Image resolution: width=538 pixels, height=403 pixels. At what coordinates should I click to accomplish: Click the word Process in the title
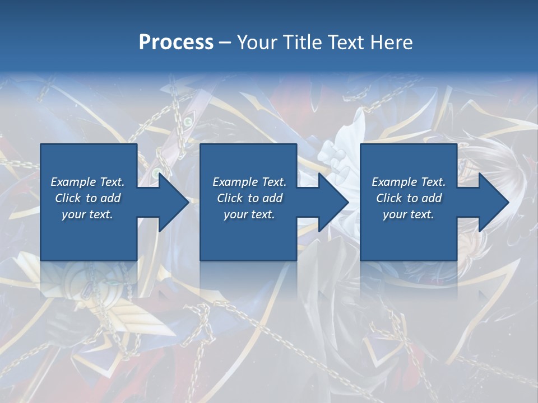coord(176,43)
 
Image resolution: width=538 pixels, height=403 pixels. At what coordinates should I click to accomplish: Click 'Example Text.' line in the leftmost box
coord(87,182)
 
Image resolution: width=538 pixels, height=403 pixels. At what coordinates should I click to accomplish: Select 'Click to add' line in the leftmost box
coord(87,198)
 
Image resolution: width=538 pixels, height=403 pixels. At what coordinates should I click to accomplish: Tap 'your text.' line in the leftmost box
coord(87,214)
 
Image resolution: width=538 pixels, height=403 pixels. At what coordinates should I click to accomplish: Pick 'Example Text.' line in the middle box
coord(249,182)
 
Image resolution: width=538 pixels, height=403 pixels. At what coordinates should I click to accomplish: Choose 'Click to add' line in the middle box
coord(249,198)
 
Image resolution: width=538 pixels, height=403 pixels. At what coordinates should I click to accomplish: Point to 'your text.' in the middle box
coord(249,214)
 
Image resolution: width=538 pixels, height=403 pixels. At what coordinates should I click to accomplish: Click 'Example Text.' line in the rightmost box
coord(409,182)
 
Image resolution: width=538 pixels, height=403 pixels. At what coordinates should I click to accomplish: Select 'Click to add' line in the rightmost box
coord(409,198)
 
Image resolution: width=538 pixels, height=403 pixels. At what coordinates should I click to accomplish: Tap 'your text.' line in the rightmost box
coord(409,214)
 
